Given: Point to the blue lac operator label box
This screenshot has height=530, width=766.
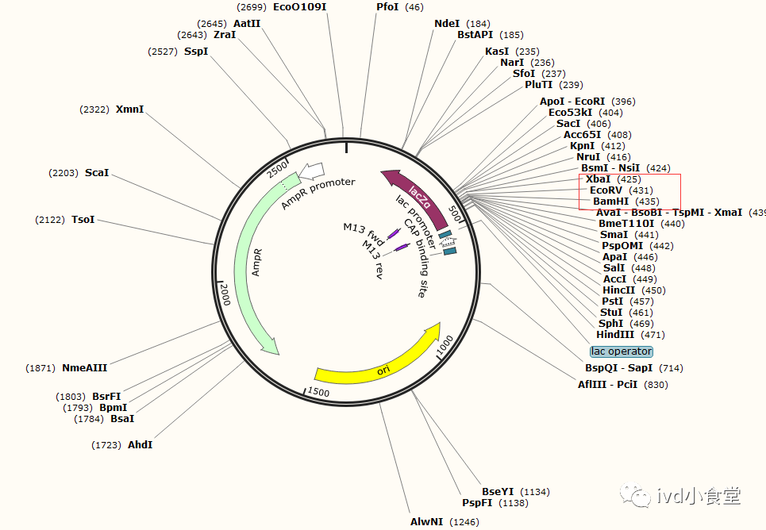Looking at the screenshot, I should pyautogui.click(x=621, y=351).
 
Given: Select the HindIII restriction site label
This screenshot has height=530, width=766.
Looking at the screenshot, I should pyautogui.click(x=616, y=335).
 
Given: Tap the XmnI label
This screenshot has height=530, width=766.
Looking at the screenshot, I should pyautogui.click(x=130, y=109).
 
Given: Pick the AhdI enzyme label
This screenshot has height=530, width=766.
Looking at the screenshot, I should pyautogui.click(x=140, y=445).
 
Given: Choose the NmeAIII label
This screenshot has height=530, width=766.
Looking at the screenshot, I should pyautogui.click(x=84, y=367).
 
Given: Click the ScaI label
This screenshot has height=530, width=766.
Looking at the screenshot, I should pyautogui.click(x=97, y=172).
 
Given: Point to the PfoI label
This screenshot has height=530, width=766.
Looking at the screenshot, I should pyautogui.click(x=388, y=7).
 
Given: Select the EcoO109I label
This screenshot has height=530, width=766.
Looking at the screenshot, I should pyautogui.click(x=299, y=7).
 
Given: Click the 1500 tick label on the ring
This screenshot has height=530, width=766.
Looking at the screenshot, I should pyautogui.click(x=318, y=392).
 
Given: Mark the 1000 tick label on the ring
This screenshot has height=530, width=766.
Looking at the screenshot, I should pyautogui.click(x=444, y=344).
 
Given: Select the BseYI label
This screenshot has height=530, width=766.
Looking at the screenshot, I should pyautogui.click(x=498, y=492).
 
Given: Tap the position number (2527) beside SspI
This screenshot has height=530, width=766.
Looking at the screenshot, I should pyautogui.click(x=164, y=52).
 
